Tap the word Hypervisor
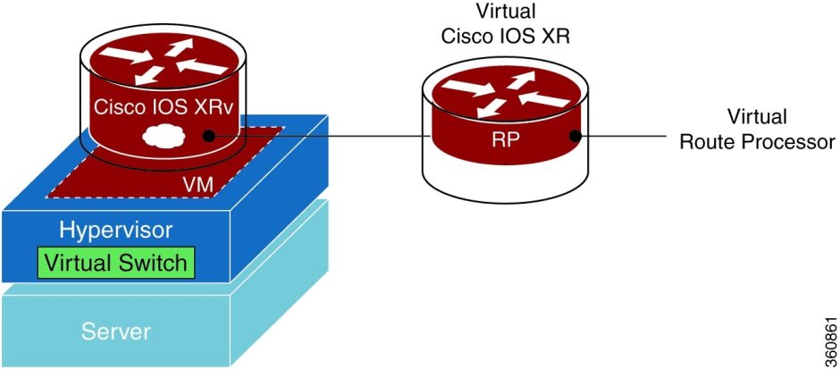click(x=116, y=230)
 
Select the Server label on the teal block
click(x=116, y=331)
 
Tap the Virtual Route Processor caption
click(x=757, y=129)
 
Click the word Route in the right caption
click(x=708, y=141)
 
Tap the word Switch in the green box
click(x=155, y=263)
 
